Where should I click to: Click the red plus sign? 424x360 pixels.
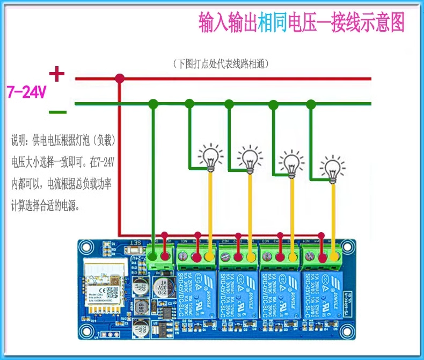coord(56,74)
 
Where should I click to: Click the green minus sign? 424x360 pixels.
coord(57,112)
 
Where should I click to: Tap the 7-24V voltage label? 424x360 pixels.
coord(26,92)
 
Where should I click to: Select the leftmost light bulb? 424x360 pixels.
coord(209,157)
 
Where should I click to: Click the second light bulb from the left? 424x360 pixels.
coord(250,160)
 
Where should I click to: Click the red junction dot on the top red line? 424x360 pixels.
coord(120,78)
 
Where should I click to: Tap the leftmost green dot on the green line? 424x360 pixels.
coord(153,103)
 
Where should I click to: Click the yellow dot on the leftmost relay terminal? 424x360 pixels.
coord(209,257)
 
